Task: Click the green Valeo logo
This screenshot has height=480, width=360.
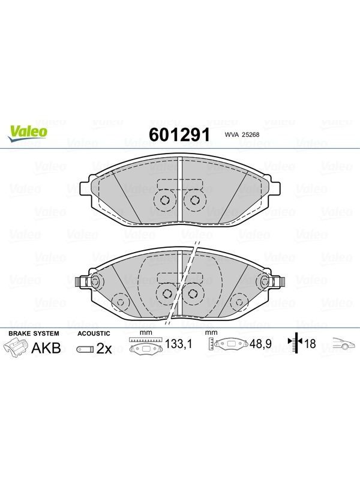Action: [x=28, y=133]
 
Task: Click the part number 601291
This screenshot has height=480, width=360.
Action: [x=179, y=134]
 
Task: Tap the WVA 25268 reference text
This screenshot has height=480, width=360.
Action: [x=242, y=134]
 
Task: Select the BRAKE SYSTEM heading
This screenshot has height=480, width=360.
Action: [x=34, y=334]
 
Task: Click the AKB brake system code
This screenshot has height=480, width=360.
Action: [x=46, y=348]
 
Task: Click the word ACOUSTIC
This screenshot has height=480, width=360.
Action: [x=94, y=334]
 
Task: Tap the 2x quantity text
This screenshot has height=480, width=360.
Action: [x=104, y=349]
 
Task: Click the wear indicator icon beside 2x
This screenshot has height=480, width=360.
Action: [x=85, y=349]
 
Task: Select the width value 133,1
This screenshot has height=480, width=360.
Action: [x=178, y=344]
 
